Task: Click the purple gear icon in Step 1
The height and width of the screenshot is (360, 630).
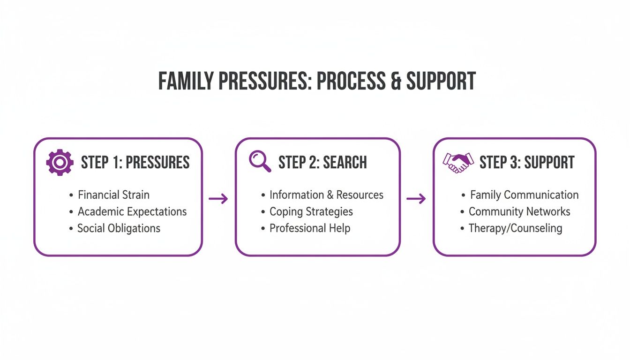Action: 60,163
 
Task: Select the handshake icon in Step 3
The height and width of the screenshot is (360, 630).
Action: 458,163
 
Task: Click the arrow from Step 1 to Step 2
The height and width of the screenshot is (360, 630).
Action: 218,199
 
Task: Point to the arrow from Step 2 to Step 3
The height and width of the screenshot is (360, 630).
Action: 416,199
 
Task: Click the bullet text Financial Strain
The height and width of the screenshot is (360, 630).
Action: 113,195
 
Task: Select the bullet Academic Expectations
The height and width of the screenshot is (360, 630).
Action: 132,211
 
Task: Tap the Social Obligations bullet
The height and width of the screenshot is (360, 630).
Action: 119,228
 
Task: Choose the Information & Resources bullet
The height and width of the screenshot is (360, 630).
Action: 326,195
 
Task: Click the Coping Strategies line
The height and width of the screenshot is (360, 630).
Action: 311,211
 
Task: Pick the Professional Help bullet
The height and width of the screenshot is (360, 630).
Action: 309,228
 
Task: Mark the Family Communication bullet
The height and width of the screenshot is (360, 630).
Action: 524,195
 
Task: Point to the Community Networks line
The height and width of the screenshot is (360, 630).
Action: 519,211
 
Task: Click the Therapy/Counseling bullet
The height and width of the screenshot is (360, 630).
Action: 515,228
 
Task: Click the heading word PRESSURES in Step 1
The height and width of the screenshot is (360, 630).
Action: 158,162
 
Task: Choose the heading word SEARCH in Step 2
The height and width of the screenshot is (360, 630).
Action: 346,162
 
